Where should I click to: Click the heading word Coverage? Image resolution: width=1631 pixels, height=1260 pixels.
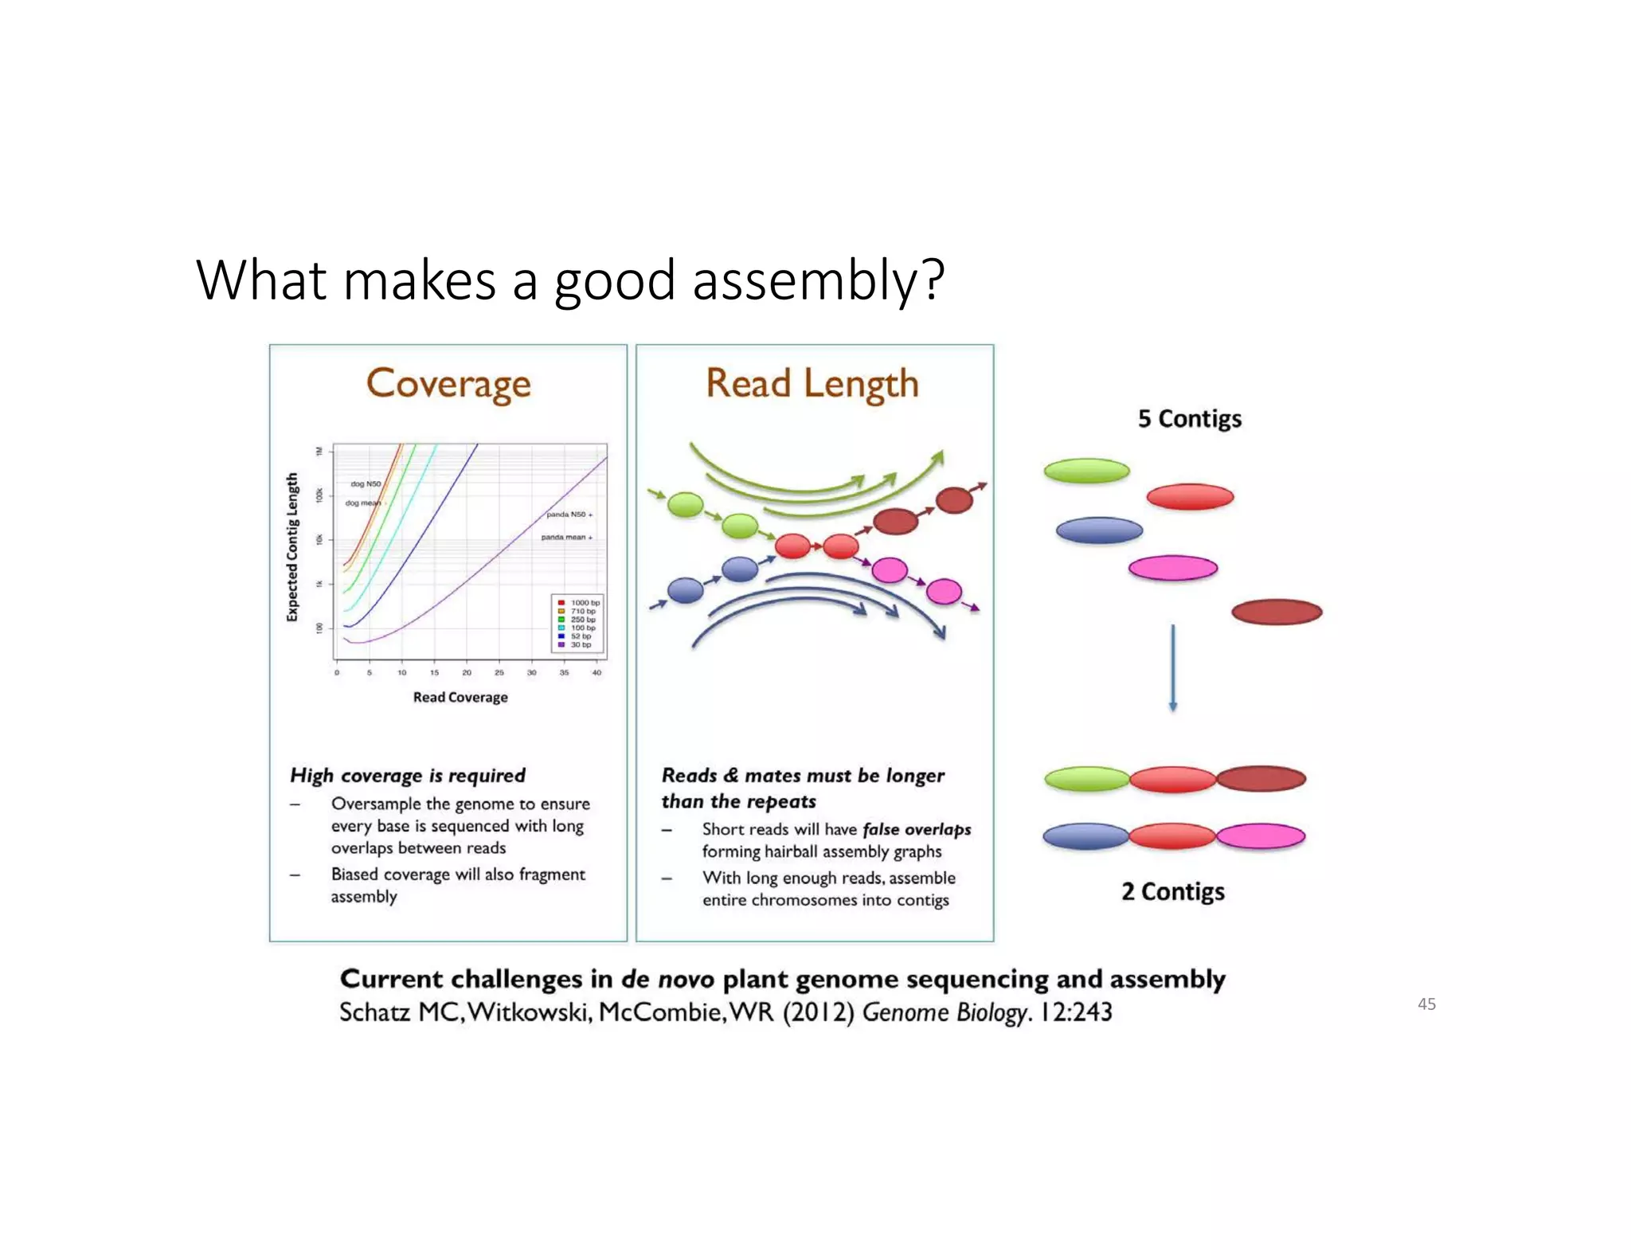pos(448,385)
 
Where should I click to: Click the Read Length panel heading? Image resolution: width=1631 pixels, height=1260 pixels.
pos(812,385)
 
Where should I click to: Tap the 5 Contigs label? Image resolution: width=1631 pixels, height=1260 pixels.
pos(1189,419)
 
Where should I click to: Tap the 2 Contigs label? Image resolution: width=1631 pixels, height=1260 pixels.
pos(1172,891)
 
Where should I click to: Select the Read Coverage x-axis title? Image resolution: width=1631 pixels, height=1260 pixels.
pos(460,698)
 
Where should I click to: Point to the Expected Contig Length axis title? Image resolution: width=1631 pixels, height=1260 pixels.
pos(292,547)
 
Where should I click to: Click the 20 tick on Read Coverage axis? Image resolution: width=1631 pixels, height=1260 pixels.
pos(467,673)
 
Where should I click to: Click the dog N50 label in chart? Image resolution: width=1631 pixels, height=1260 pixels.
pos(366,483)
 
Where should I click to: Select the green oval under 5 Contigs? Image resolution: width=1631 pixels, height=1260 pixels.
pos(1086,471)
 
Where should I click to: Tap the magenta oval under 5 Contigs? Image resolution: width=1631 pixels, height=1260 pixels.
pos(1172,568)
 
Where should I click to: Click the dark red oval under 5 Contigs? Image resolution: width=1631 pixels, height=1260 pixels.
pos(1276,612)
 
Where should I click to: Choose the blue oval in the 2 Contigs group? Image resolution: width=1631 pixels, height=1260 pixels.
pos(1085,836)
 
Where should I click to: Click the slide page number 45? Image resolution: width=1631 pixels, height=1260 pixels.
pos(1426,1004)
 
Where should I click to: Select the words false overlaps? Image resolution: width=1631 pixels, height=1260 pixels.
pos(916,830)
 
